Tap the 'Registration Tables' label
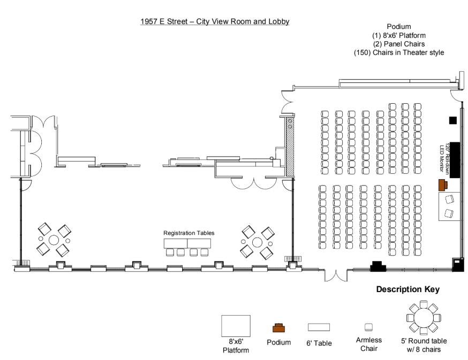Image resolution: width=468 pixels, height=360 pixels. click(188, 233)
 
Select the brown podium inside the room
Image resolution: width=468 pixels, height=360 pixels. click(442, 185)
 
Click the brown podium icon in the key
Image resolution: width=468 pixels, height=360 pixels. click(278, 328)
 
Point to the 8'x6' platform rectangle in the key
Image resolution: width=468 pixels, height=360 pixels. click(236, 325)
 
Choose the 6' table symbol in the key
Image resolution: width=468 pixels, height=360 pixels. click(318, 327)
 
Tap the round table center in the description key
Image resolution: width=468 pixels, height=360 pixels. click(423, 318)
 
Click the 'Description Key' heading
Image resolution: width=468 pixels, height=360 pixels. click(407, 289)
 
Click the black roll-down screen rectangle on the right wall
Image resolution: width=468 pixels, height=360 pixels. click(455, 159)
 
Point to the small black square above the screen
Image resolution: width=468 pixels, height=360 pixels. click(453, 120)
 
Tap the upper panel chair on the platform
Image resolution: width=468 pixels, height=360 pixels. click(449, 200)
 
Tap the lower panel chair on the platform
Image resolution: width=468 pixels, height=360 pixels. click(449, 214)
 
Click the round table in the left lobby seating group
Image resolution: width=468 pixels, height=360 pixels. click(54, 240)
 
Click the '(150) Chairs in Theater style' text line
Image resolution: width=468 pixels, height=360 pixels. click(399, 53)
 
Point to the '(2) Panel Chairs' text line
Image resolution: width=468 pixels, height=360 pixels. click(399, 44)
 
